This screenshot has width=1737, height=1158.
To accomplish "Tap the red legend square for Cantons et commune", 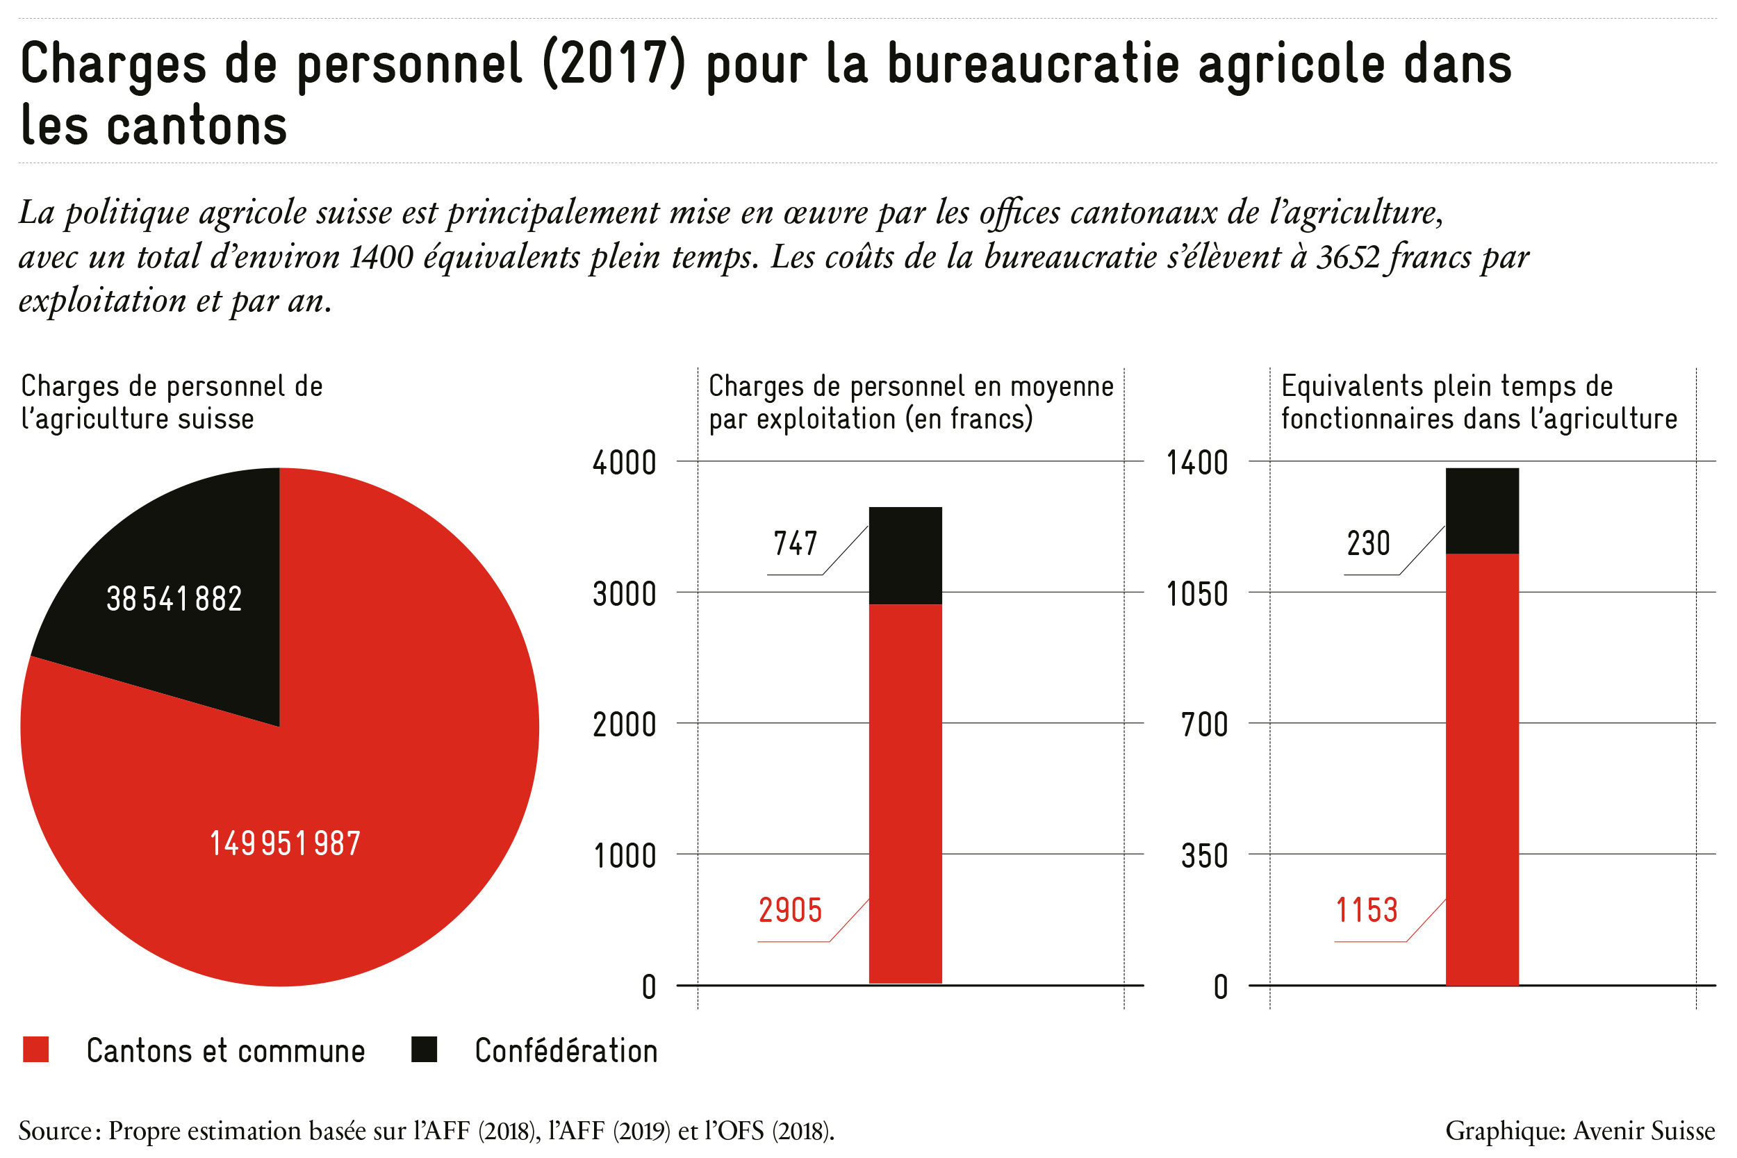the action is click(x=35, y=1050).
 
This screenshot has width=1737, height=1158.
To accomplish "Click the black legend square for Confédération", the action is click(x=424, y=1050).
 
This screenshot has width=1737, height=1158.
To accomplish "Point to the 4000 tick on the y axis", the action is click(x=624, y=463).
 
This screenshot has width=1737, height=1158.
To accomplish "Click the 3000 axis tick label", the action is click(x=624, y=594).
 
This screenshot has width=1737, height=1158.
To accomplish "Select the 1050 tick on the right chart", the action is click(x=1196, y=594).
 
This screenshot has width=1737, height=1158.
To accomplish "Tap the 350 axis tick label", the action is click(x=1204, y=856).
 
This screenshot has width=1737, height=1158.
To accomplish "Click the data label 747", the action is click(x=796, y=543).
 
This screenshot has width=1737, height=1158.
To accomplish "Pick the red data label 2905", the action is click(x=790, y=911).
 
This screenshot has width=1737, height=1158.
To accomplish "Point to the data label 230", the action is click(x=1369, y=543).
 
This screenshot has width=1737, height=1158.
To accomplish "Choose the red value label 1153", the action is click(x=1366, y=911).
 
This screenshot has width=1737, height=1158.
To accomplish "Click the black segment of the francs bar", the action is click(x=905, y=556).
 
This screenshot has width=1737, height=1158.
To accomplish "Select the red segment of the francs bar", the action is click(x=905, y=795).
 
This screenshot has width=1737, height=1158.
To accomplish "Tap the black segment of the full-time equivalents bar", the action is click(x=1482, y=511).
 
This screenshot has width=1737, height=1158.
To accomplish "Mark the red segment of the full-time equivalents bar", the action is click(x=1482, y=770).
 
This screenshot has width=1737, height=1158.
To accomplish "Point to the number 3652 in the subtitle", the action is click(x=1349, y=257).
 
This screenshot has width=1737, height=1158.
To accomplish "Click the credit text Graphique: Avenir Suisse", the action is click(x=1581, y=1131).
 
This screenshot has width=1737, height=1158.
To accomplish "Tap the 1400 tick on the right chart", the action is click(x=1196, y=463).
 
